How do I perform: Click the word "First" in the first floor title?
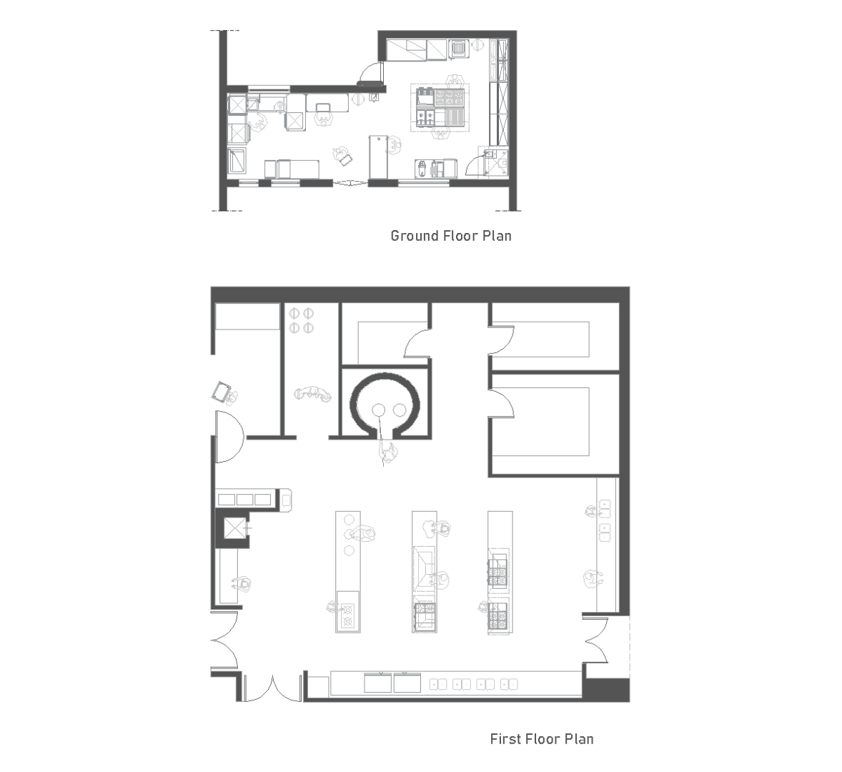(506, 738)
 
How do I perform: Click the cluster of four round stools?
(301, 320)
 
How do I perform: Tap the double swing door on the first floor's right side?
(597, 641)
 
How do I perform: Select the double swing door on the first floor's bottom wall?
(272, 689)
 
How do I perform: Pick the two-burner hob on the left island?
(348, 615)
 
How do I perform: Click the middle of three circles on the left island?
(349, 534)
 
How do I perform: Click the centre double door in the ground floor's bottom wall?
(350, 184)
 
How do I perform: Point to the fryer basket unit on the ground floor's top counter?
(458, 49)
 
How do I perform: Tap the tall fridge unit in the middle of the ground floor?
(378, 157)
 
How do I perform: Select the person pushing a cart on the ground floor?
(342, 155)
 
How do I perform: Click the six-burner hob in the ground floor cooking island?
(450, 98)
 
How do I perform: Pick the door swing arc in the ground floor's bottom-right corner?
(474, 164)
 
